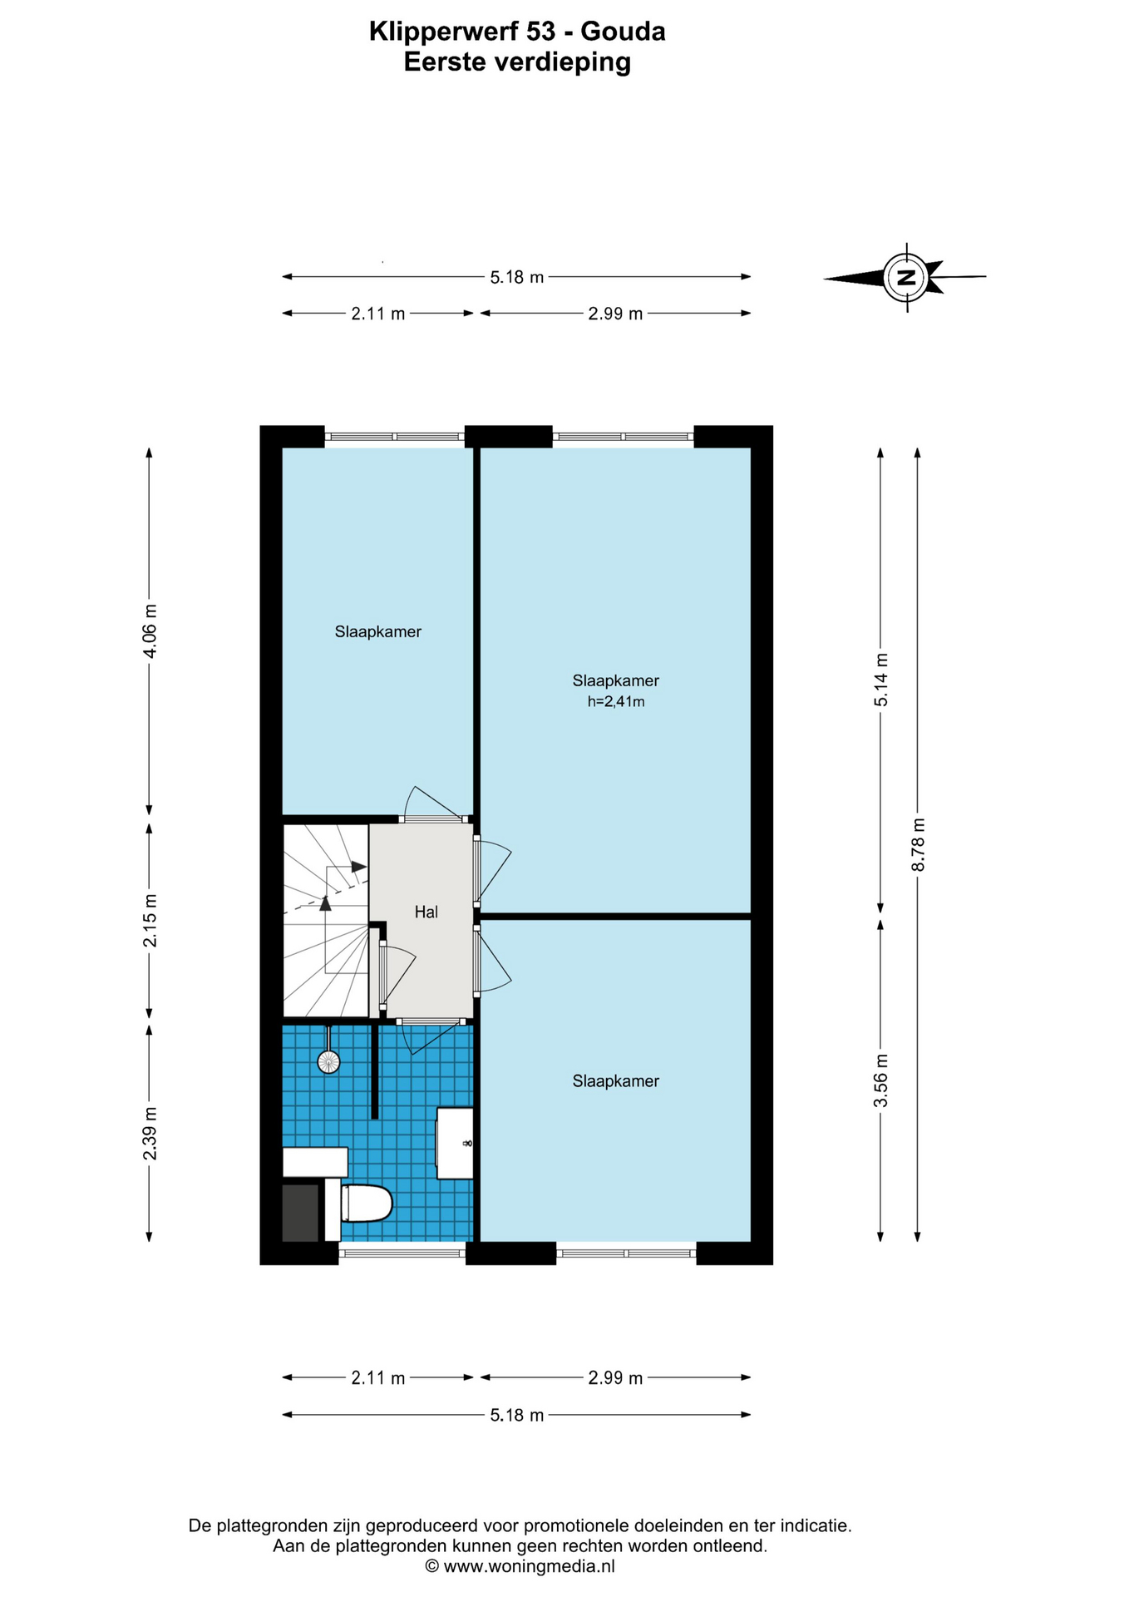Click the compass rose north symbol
[x=906, y=277]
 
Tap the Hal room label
[x=426, y=912]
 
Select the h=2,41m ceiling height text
[x=616, y=701]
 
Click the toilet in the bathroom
[x=366, y=1203]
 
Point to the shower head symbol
[x=328, y=1061]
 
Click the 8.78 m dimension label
[x=918, y=844]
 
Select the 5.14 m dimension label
[x=881, y=680]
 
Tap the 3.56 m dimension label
[x=881, y=1080]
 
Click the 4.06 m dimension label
[x=150, y=630]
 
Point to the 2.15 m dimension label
[x=150, y=920]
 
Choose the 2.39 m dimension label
[x=150, y=1133]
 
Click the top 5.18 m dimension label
[x=517, y=277]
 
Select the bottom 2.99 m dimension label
[x=615, y=1378]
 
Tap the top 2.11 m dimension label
[x=378, y=314]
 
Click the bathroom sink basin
[x=455, y=1143]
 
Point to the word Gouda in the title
[x=623, y=32]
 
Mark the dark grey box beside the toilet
[x=300, y=1213]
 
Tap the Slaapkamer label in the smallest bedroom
[x=378, y=632]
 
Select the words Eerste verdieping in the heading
[x=517, y=62]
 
